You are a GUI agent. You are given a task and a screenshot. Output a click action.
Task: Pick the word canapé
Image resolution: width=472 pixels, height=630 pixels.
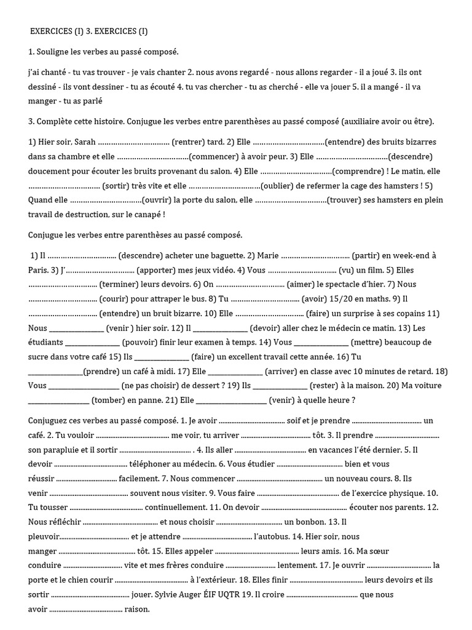click(x=146, y=215)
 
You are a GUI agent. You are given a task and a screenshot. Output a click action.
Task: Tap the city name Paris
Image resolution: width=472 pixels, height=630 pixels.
click(x=38, y=269)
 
